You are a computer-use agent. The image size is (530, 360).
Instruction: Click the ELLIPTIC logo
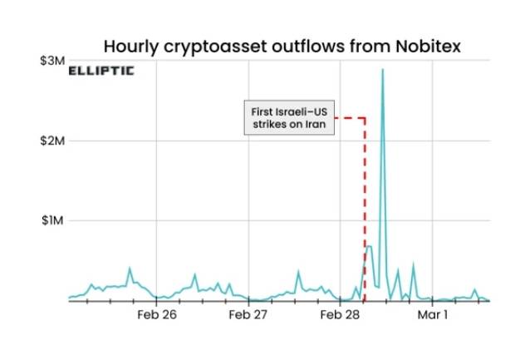[101, 70]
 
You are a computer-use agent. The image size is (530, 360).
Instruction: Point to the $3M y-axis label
[53, 62]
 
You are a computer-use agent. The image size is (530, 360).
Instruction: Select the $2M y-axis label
[53, 141]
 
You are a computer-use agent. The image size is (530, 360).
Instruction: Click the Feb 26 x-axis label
[157, 316]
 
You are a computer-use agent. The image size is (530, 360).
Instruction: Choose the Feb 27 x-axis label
[248, 316]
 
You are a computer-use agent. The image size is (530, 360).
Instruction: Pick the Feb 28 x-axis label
[340, 316]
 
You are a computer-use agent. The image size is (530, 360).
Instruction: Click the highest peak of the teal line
[382, 70]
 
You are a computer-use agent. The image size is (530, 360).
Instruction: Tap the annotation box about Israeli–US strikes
[289, 118]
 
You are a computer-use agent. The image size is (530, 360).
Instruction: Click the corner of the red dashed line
[365, 118]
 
